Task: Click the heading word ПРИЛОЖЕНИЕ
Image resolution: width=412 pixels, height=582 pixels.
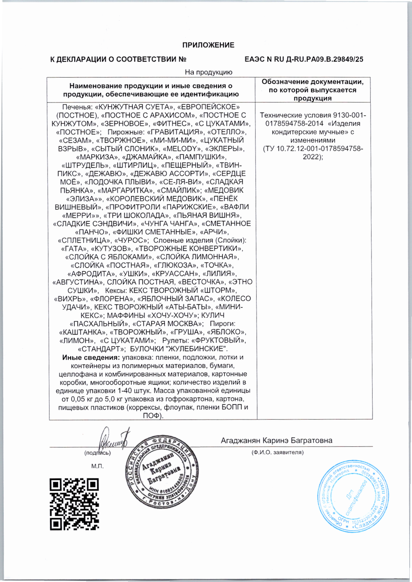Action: [x=208, y=45]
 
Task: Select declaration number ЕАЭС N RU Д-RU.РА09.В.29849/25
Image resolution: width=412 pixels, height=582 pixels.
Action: [x=304, y=59]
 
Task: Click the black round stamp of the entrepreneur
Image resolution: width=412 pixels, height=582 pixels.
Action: [x=162, y=472]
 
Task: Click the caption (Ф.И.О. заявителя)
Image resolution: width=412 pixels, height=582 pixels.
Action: [x=277, y=453]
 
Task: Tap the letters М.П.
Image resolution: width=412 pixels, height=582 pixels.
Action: [x=97, y=466]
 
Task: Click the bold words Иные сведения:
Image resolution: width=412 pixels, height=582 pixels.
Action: [x=91, y=358]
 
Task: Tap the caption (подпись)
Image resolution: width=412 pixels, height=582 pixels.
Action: [x=98, y=453]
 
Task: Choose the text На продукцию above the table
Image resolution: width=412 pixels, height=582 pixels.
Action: [x=208, y=72]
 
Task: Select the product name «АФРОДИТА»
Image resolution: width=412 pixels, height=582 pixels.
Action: [x=91, y=274]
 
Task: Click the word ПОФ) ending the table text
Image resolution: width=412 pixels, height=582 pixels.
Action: [x=153, y=416]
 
